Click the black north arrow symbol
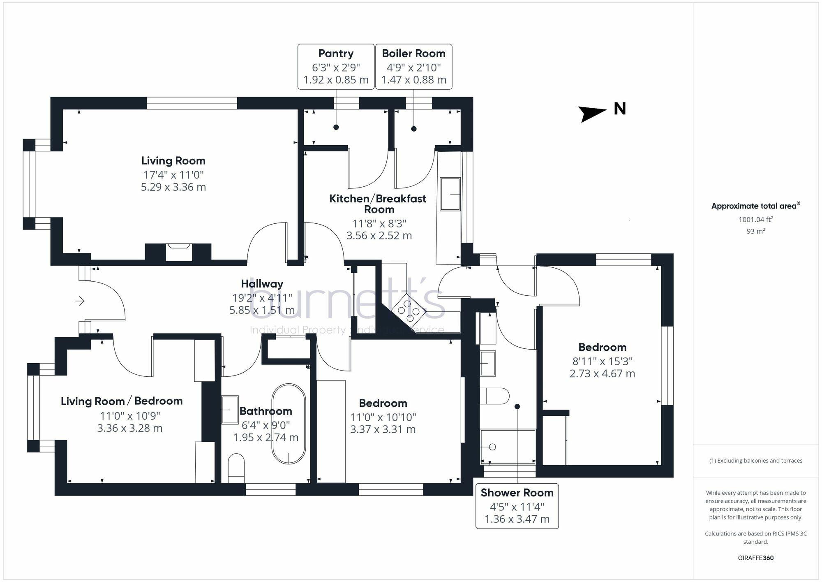pyautogui.click(x=592, y=114)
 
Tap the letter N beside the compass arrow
pyautogui.click(x=620, y=109)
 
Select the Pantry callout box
pyautogui.click(x=336, y=67)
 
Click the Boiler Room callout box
pyautogui.click(x=413, y=67)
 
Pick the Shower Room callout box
pyautogui.click(x=517, y=506)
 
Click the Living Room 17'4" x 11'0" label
pyautogui.click(x=173, y=174)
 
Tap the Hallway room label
pyautogui.click(x=262, y=284)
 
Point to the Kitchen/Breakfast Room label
pyautogui.click(x=378, y=204)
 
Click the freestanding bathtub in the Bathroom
pyautogui.click(x=289, y=424)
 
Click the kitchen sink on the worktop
pyautogui.click(x=450, y=194)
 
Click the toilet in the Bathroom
pyautogui.click(x=236, y=468)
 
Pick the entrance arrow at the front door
pyautogui.click(x=80, y=301)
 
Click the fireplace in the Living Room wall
pyautogui.click(x=179, y=252)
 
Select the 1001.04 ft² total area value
pyautogui.click(x=755, y=219)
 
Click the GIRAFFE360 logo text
pyautogui.click(x=756, y=558)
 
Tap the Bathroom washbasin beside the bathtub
pyautogui.click(x=230, y=410)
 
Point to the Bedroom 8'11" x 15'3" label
pyautogui.click(x=603, y=360)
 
